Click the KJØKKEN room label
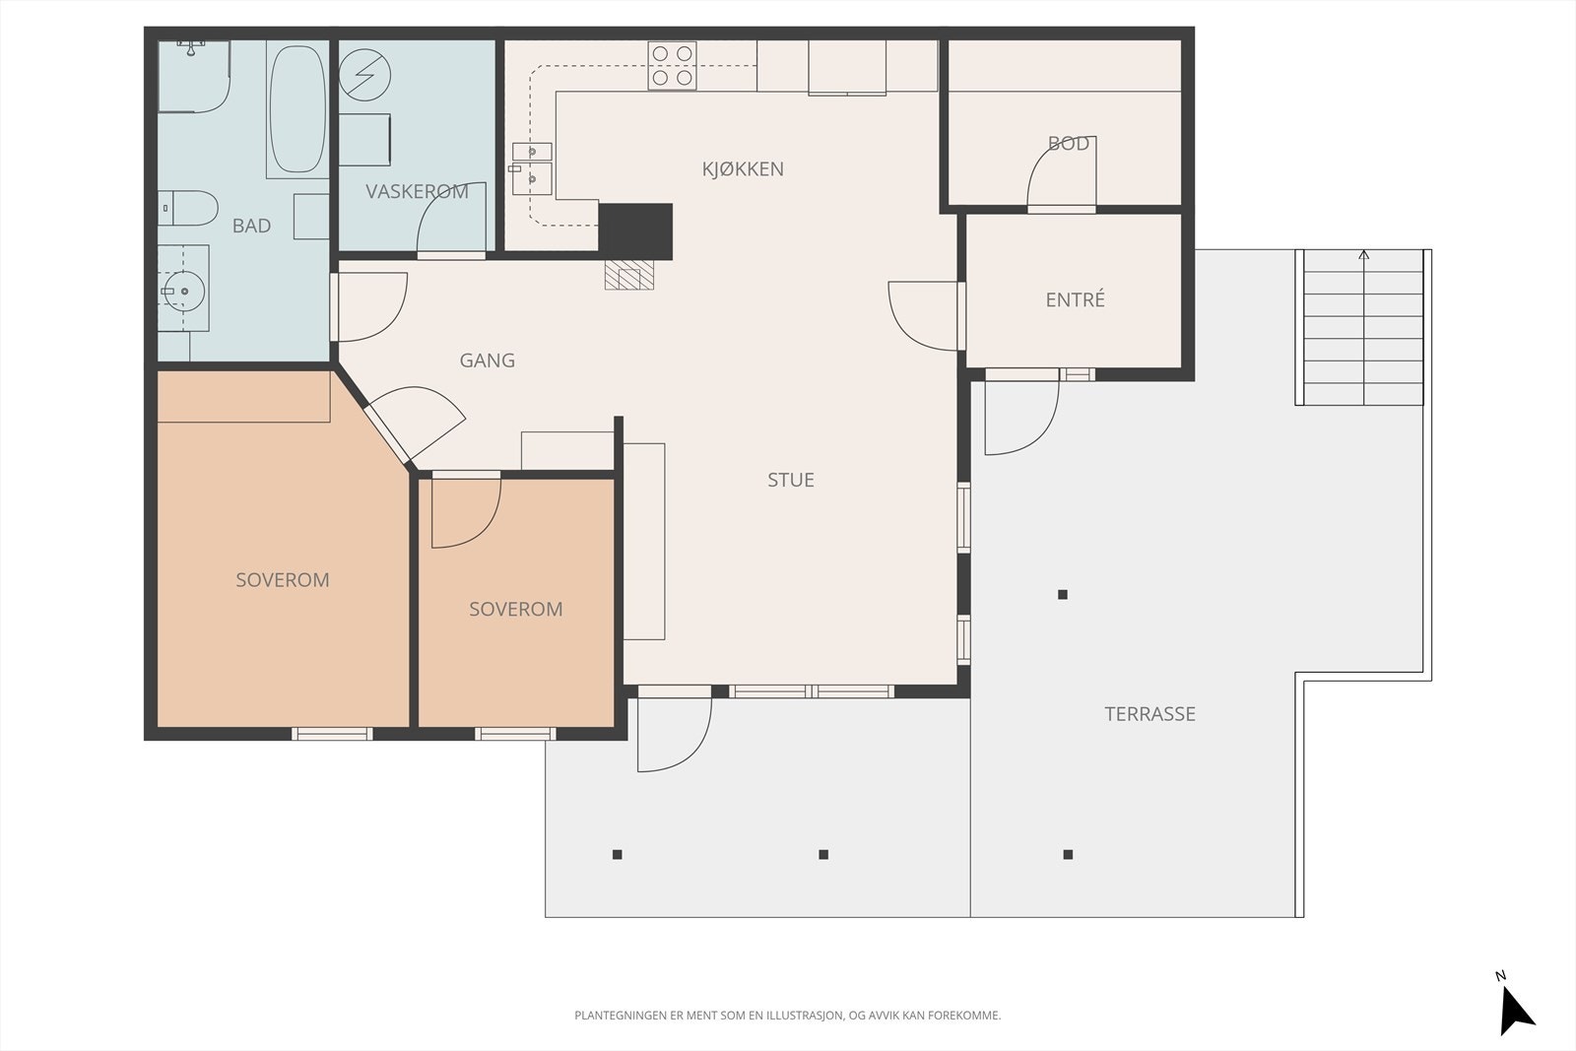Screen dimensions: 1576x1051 click(743, 168)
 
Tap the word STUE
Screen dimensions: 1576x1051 click(791, 480)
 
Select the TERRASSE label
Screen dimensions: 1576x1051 click(1149, 714)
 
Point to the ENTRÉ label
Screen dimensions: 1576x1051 click(1075, 299)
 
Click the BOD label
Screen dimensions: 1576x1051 click(1068, 144)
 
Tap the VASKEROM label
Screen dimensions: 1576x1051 click(417, 191)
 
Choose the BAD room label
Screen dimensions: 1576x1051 click(251, 226)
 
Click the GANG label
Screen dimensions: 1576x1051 click(487, 361)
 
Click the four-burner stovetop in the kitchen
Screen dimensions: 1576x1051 click(672, 65)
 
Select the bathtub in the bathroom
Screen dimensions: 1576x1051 click(297, 109)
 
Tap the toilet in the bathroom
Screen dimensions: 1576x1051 click(188, 208)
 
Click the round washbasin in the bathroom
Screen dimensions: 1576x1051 click(184, 291)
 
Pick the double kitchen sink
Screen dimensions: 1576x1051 click(532, 168)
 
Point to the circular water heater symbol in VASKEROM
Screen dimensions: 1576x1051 click(364, 75)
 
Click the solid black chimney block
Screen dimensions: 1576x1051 click(635, 231)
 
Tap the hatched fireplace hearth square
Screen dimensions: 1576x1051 click(629, 275)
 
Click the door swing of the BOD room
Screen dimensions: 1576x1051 click(1062, 170)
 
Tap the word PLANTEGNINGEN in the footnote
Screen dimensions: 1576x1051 click(620, 1016)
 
